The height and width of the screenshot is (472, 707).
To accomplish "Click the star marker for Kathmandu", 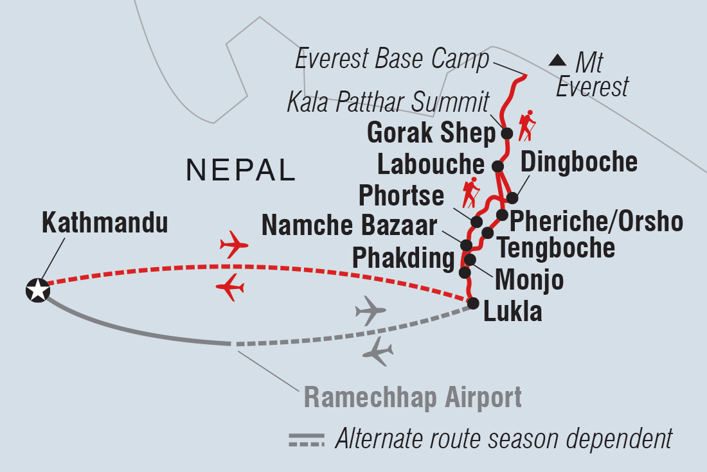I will click(37, 290).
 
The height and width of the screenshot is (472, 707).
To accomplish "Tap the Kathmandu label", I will click(105, 223).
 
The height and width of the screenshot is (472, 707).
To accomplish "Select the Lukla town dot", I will click(473, 304).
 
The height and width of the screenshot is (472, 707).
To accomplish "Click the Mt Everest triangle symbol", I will click(557, 62).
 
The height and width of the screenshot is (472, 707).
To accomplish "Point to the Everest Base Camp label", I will click(392, 60).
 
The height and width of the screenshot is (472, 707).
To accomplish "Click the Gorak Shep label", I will click(431, 134).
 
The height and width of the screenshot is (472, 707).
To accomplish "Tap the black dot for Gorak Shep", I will click(506, 134).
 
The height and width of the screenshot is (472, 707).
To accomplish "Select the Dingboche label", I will click(578, 162).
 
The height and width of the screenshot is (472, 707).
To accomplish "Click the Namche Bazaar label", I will click(349, 225).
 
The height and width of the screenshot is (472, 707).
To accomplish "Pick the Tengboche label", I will click(556, 247).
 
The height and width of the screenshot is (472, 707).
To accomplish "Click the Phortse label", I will click(401, 195).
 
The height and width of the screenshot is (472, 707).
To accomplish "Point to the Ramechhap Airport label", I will click(413, 398).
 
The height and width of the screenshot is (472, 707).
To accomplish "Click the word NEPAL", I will click(240, 171).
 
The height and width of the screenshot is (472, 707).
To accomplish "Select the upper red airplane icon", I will click(233, 245).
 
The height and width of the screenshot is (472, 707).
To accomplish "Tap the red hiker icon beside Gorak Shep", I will click(527, 126).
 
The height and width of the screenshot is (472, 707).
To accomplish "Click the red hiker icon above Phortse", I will click(470, 191).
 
